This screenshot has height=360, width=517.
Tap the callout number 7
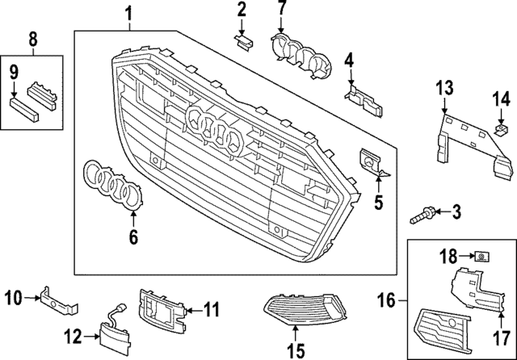coord(282,10)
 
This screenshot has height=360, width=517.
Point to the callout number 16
coord(387,301)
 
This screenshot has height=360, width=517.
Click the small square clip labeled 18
coord(481,257)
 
